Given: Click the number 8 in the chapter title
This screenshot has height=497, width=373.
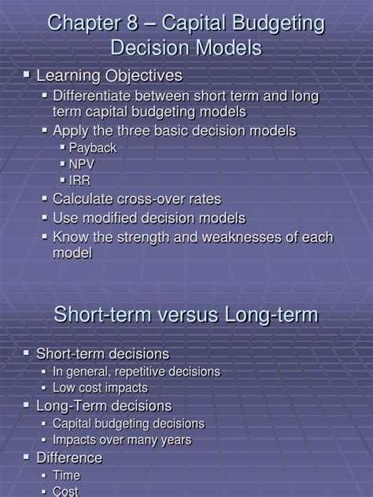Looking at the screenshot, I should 138,24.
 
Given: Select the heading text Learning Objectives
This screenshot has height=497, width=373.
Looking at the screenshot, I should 109,75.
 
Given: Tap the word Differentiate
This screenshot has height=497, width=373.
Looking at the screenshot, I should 92,96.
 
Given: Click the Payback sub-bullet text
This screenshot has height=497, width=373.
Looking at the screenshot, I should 92,147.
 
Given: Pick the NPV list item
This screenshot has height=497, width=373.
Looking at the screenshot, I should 82,164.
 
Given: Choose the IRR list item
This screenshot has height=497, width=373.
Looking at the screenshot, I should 79,181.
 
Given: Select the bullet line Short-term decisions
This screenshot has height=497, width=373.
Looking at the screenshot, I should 103,354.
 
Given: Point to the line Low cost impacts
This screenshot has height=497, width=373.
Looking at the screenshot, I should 100,388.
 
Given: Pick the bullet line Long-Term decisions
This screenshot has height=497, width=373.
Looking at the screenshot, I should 104,406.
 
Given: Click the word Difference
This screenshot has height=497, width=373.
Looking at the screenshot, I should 69,457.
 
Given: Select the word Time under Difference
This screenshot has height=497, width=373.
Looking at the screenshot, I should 66,475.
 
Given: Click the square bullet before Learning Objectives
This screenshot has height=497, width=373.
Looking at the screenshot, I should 26,75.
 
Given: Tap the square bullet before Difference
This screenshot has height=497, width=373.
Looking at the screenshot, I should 26,456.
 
